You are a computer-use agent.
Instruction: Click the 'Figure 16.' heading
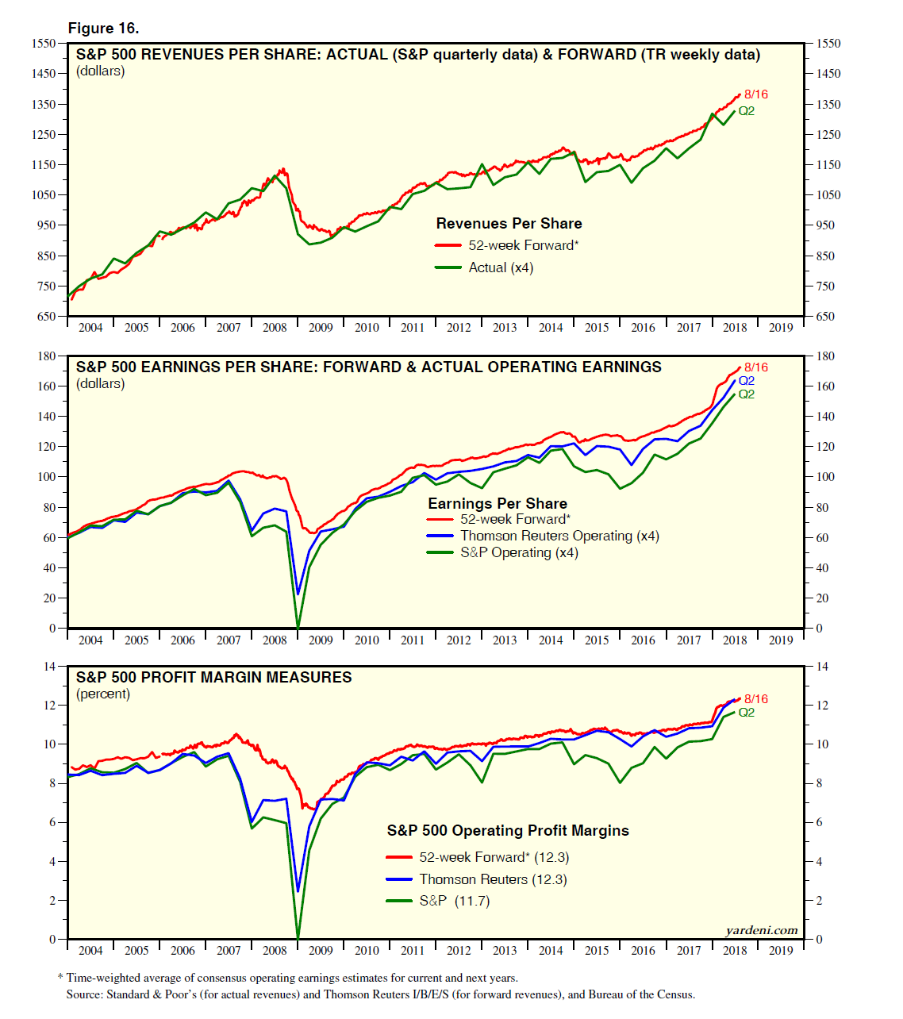click(x=103, y=29)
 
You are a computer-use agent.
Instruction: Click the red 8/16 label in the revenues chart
click(x=755, y=94)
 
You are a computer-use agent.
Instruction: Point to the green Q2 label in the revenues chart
click(x=746, y=111)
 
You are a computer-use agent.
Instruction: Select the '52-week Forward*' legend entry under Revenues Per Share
click(x=523, y=246)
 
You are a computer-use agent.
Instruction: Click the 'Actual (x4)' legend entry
click(x=501, y=268)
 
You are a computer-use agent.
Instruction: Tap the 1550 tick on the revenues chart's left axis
click(x=44, y=44)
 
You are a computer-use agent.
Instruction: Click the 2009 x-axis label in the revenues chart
click(x=321, y=328)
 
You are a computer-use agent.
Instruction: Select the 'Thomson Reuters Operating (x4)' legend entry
click(x=559, y=536)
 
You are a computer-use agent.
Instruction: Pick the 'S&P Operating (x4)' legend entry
click(x=519, y=553)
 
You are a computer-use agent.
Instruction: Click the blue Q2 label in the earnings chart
click(x=746, y=381)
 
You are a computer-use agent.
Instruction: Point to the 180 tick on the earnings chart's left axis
click(x=47, y=356)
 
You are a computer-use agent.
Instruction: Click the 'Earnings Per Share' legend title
click(x=498, y=504)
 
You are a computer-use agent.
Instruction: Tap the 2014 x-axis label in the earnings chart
click(x=551, y=640)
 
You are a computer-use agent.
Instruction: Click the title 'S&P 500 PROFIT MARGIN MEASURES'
click(x=214, y=678)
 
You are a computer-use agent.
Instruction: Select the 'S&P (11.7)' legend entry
click(x=455, y=902)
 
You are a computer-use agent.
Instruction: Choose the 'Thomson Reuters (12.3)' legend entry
click(x=493, y=879)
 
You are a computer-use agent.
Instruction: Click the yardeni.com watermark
click(x=761, y=931)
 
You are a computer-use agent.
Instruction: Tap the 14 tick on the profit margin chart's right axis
click(x=822, y=667)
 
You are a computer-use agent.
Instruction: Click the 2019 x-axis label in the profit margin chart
click(x=781, y=951)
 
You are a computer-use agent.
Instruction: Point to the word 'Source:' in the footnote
click(x=84, y=994)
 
